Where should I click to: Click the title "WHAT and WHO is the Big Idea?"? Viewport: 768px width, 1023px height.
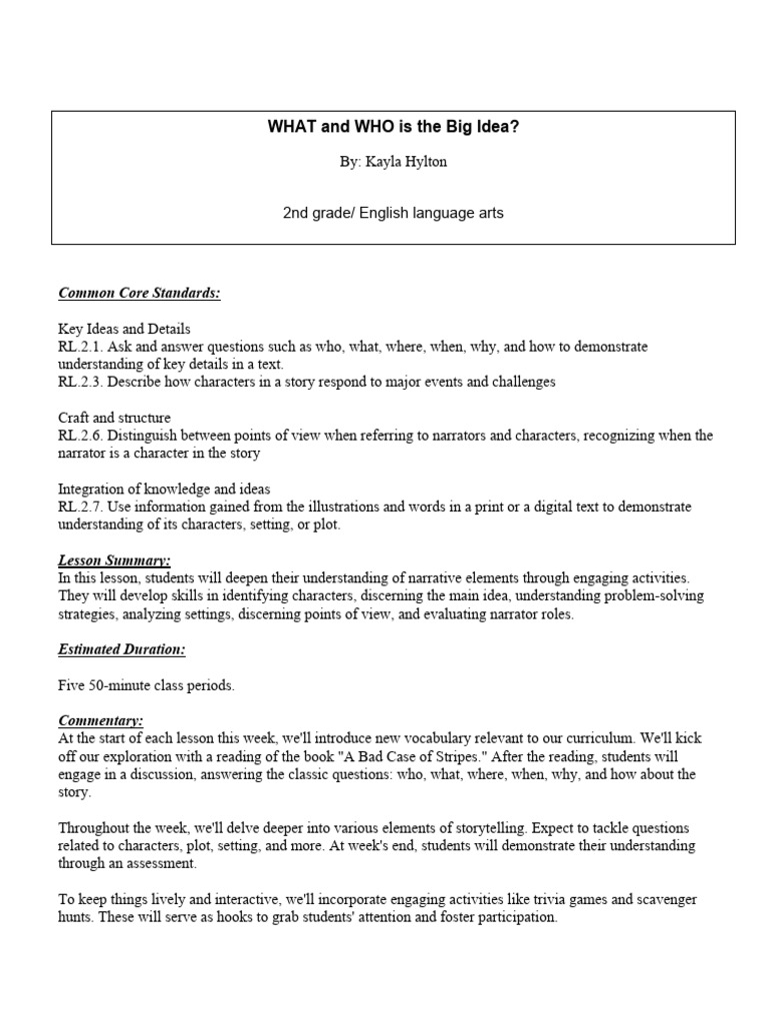coord(393,127)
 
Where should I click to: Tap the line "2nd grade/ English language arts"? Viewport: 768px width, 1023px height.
coord(393,212)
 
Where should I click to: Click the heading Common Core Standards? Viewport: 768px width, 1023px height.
coord(139,293)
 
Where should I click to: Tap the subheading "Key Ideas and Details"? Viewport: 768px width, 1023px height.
coord(124,329)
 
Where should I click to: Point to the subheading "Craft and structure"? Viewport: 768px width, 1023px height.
coord(114,418)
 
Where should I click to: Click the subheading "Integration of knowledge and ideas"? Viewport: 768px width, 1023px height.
coord(164,490)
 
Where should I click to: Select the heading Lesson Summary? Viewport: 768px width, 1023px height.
coord(114,561)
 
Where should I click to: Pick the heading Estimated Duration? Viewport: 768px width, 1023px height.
coord(122,649)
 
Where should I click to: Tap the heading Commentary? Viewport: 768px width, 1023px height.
coord(101,720)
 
